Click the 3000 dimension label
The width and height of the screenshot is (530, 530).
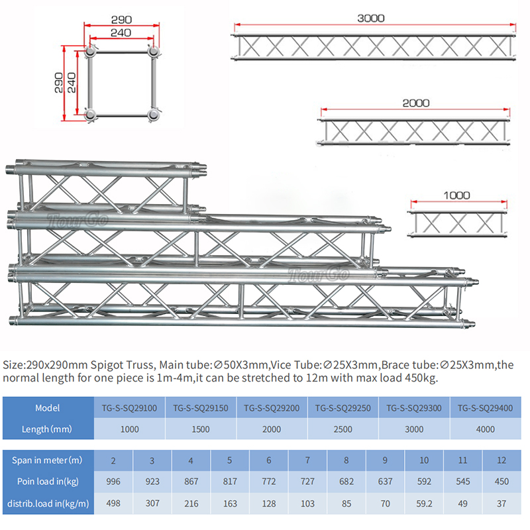pyautogui.click(x=371, y=18)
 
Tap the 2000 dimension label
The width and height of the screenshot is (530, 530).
pyautogui.click(x=415, y=103)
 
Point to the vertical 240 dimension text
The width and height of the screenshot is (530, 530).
pyautogui.click(x=72, y=83)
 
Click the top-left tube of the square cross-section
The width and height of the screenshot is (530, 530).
pyautogui.click(x=90, y=52)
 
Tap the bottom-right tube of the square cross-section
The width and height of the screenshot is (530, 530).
pyautogui.click(x=154, y=115)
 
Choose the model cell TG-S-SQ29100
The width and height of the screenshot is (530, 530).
pyautogui.click(x=129, y=408)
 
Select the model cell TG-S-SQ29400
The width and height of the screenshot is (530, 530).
pyautogui.click(x=486, y=408)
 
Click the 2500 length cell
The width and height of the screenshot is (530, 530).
pyautogui.click(x=343, y=429)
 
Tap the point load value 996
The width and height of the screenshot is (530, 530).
pyautogui.click(x=113, y=482)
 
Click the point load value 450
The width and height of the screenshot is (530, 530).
pyautogui.click(x=502, y=482)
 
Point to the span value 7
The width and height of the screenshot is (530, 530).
pyautogui.click(x=307, y=460)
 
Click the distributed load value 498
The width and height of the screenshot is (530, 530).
pyautogui.click(x=113, y=504)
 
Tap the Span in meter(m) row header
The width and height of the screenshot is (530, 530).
pyautogui.click(x=47, y=460)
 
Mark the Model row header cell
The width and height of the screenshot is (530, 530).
pyautogui.click(x=47, y=408)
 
